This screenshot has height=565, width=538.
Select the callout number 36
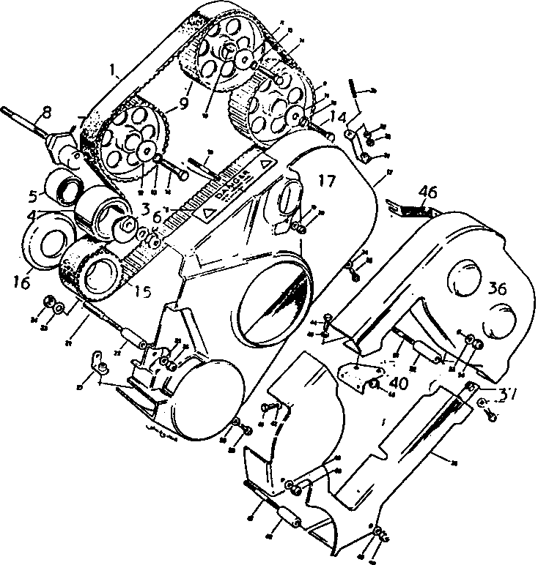[x=498, y=289]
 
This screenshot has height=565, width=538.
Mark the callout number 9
[x=183, y=103]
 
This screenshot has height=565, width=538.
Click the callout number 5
[x=32, y=196]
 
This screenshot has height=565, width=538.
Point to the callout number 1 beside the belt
[x=114, y=71]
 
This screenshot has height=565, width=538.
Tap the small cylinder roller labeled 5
[x=63, y=184]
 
